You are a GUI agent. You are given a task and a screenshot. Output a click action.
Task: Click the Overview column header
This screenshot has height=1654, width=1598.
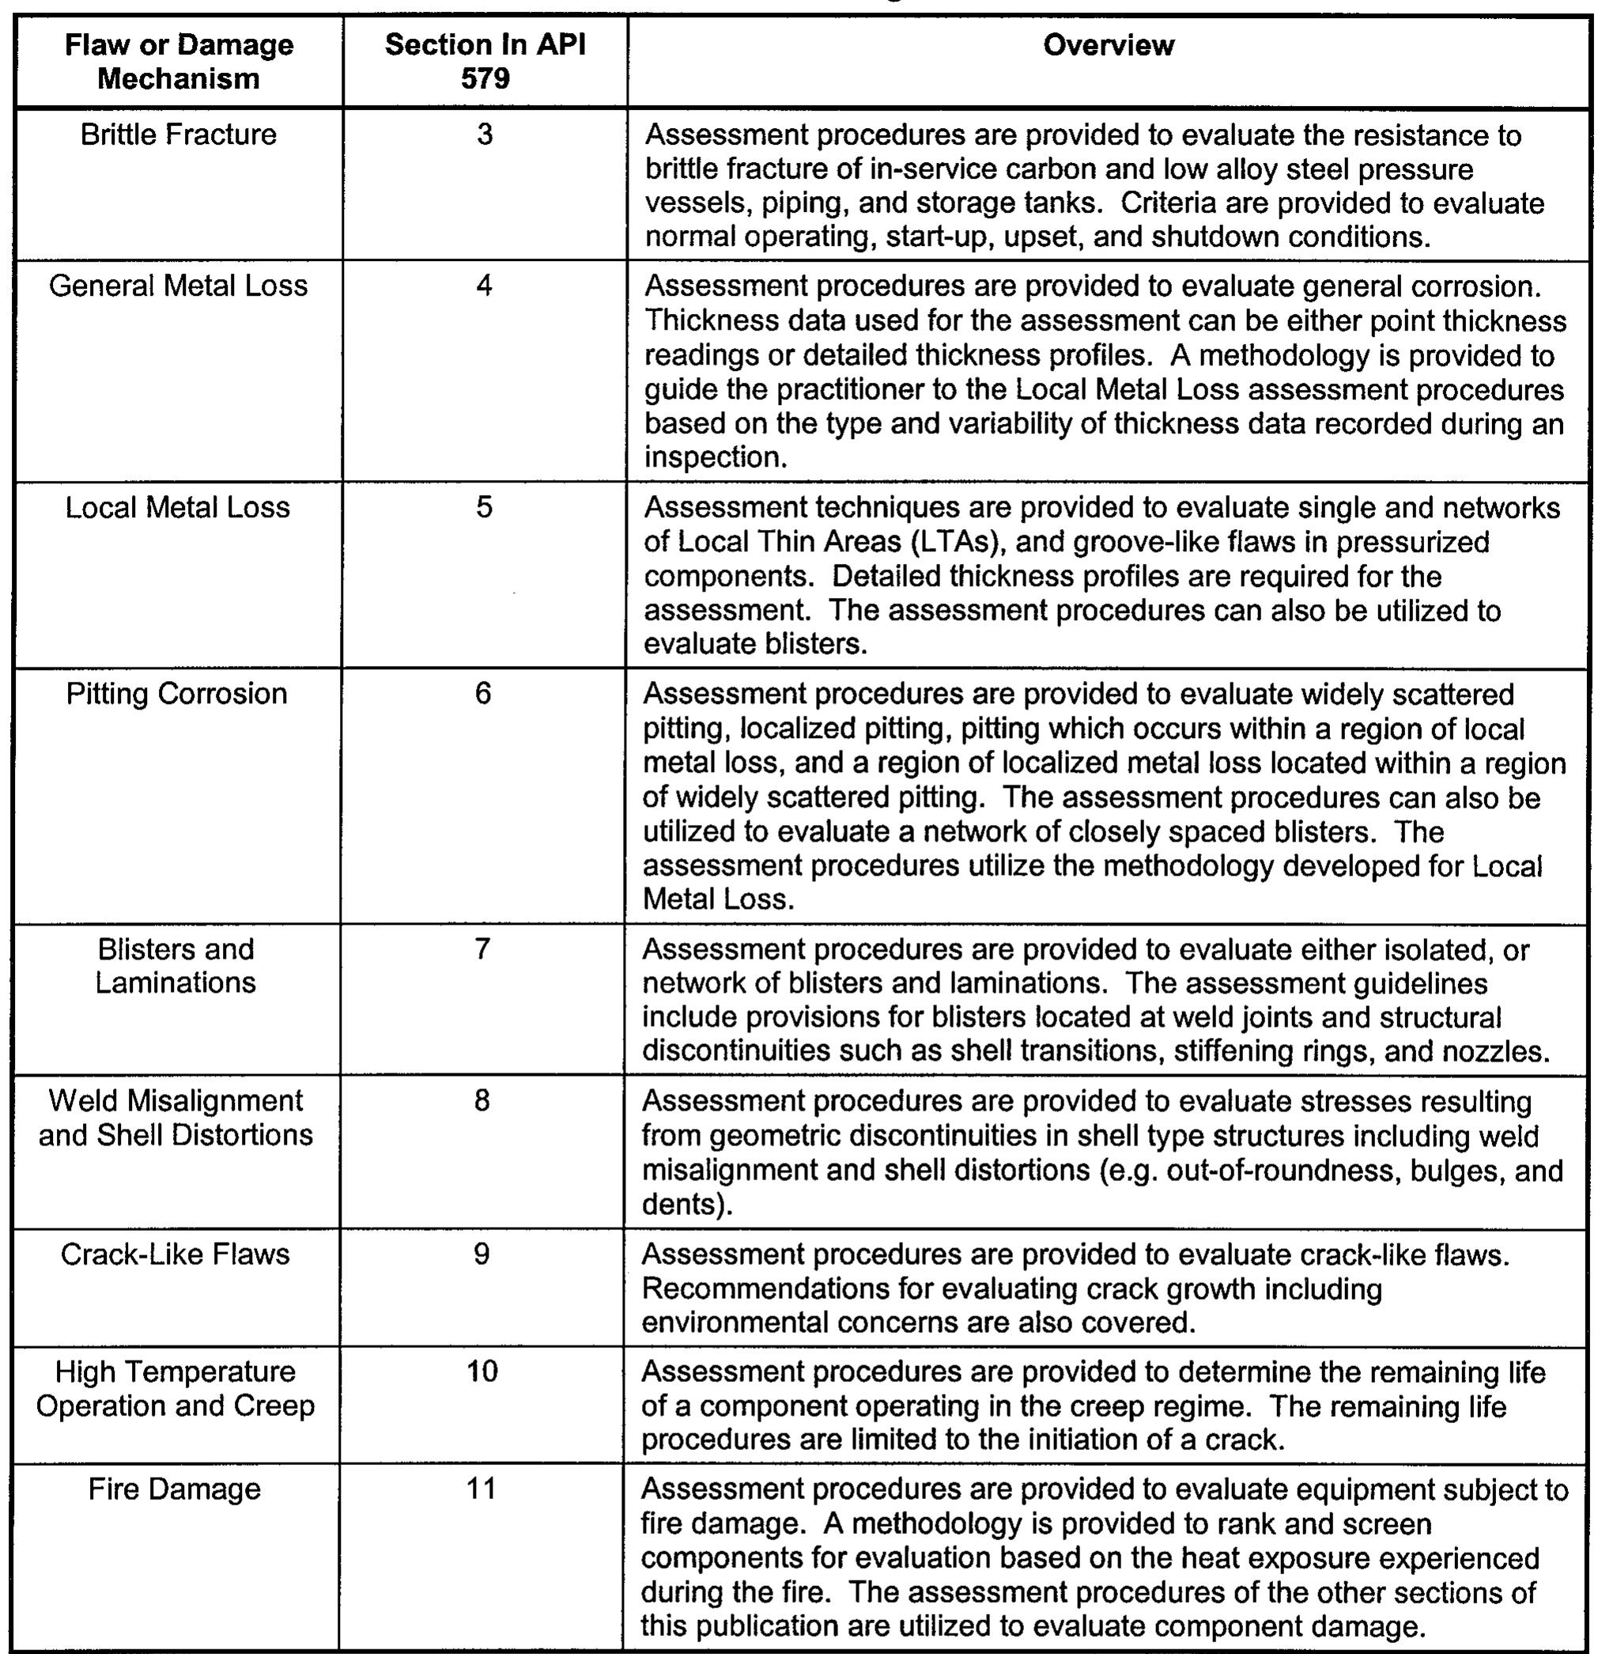tap(1108, 46)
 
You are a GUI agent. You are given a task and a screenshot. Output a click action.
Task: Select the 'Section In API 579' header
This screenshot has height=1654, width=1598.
tap(485, 62)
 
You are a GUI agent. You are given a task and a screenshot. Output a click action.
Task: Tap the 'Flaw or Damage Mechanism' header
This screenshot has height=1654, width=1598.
tap(179, 62)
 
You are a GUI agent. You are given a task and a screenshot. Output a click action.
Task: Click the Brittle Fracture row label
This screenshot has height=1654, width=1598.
tap(179, 135)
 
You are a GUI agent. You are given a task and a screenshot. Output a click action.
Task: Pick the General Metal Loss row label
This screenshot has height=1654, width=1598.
tap(178, 286)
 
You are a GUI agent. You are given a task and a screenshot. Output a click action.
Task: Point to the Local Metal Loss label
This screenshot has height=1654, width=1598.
tap(177, 507)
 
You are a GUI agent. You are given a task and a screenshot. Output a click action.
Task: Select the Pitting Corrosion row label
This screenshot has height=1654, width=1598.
tap(177, 694)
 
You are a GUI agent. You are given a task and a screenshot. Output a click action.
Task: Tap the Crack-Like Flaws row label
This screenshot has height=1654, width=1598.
tap(176, 1254)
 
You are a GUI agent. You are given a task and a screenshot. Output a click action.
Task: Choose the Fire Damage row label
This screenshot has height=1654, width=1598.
tap(175, 1489)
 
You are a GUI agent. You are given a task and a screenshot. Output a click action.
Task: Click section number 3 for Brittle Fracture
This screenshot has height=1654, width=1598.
tap(484, 135)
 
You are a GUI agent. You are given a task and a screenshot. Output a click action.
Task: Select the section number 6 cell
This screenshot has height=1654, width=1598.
tap(482, 694)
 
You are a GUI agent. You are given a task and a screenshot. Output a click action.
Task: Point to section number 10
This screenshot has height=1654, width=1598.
tap(482, 1372)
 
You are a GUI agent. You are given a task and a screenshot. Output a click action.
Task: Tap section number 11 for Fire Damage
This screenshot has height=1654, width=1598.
tap(481, 1489)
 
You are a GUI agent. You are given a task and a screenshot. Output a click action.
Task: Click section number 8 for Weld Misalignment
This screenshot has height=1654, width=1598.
tap(482, 1101)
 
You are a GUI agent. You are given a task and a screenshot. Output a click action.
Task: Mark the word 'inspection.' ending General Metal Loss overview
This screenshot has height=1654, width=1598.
tap(716, 457)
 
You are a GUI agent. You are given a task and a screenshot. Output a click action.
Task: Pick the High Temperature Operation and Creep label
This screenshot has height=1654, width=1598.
tap(176, 1388)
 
